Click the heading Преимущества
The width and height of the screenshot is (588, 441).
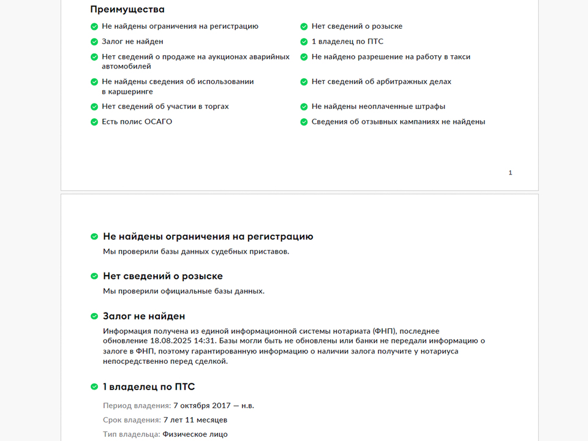127,9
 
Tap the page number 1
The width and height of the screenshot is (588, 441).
510,173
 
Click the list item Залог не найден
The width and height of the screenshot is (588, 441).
132,42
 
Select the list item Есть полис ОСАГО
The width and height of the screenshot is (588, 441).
137,121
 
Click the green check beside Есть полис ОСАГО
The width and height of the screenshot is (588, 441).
94,122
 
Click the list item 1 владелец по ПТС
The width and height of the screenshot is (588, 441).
347,42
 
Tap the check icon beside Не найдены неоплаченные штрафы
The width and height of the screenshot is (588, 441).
304,107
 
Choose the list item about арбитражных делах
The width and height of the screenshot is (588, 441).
381,81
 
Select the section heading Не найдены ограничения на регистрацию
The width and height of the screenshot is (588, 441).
208,236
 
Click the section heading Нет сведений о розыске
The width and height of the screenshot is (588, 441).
162,276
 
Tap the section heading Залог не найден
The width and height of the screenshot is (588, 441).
143,316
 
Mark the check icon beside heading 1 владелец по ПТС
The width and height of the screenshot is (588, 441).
94,387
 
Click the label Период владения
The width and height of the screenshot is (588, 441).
137,405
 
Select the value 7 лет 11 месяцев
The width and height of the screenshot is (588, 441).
195,420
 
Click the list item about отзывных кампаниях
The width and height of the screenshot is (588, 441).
398,121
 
